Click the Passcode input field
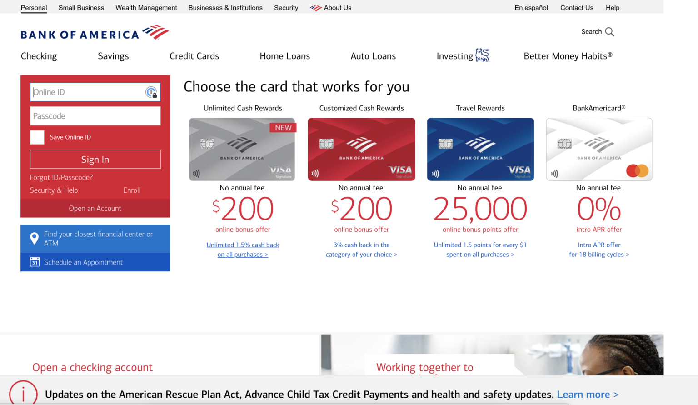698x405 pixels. click(95, 116)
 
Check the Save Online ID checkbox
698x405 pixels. click(37, 137)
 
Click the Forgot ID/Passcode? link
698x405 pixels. click(61, 177)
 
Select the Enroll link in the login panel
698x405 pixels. click(132, 190)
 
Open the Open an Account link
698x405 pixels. click(95, 208)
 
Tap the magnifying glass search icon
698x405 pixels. click(610, 32)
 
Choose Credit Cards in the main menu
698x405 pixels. click(194, 56)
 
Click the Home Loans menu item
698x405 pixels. click(284, 56)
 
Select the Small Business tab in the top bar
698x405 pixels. click(81, 8)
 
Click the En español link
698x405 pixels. click(531, 8)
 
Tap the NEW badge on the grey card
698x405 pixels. click(283, 128)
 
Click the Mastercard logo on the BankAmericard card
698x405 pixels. click(637, 171)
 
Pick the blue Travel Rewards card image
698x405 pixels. click(480, 149)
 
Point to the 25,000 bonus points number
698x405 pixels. click(480, 209)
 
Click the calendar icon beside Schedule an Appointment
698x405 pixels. click(35, 262)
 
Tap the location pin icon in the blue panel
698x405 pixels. click(34, 238)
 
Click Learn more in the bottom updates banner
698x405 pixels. click(588, 395)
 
